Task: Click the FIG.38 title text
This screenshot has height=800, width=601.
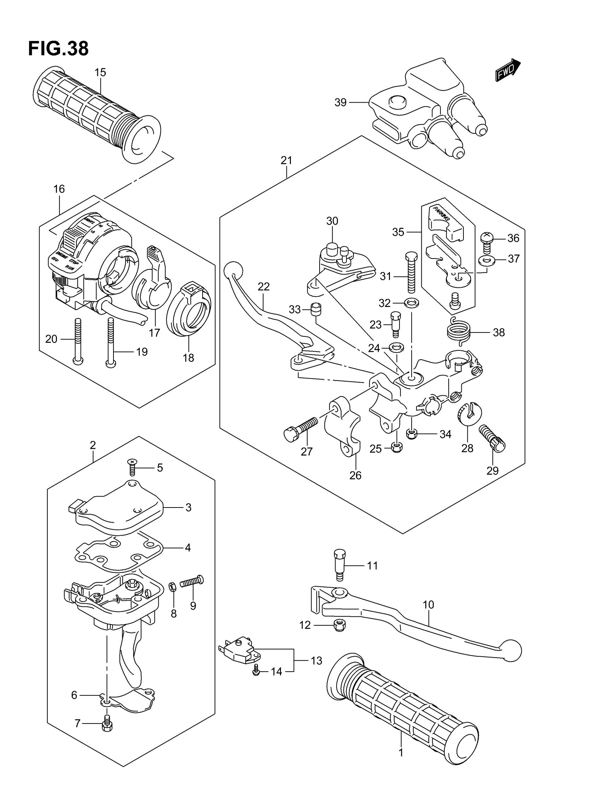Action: pos(58,49)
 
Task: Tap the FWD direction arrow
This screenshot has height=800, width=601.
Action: pos(508,70)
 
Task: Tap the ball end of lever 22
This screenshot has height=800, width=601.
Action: pos(233,270)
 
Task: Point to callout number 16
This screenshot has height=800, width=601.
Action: pos(59,189)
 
